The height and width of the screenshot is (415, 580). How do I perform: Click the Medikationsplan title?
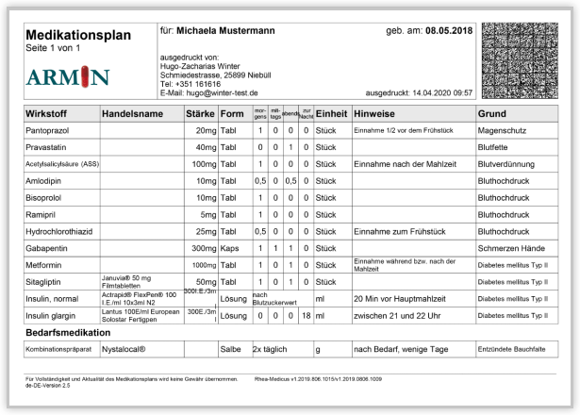pyautogui.click(x=78, y=35)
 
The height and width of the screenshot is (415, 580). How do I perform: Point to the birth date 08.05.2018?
pyautogui.click(x=448, y=31)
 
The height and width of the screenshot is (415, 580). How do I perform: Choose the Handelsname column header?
pyautogui.click(x=132, y=113)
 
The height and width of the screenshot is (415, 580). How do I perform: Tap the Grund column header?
pyautogui.click(x=493, y=113)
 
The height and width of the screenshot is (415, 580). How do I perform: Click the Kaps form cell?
pyautogui.click(x=229, y=247)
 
